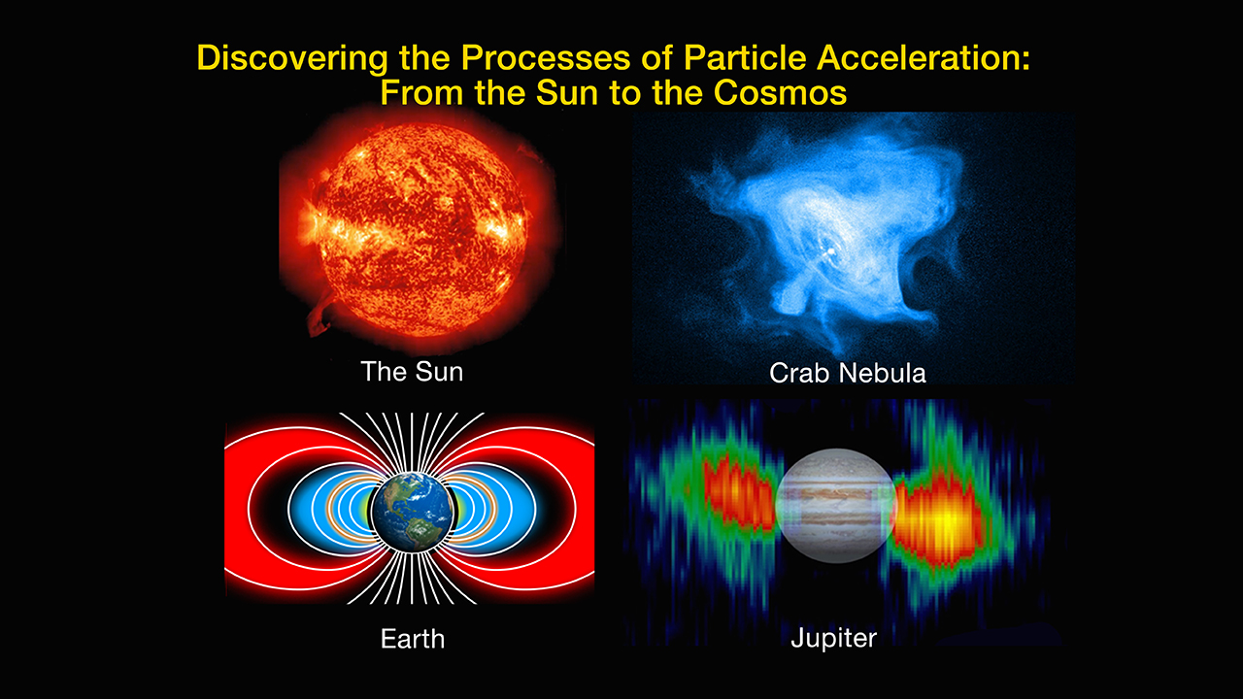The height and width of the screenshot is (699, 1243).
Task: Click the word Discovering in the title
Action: (292, 57)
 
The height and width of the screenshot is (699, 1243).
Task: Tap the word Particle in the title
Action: (745, 57)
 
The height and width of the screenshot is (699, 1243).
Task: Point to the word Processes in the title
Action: (546, 57)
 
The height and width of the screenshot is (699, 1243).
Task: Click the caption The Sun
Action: (412, 372)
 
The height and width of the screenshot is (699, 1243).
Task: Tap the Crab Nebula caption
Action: (848, 373)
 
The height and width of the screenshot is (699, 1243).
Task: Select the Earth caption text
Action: (413, 639)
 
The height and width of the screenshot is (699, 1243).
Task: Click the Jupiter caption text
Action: (833, 639)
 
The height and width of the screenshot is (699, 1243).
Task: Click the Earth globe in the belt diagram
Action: (413, 511)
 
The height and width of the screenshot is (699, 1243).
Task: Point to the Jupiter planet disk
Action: (836, 506)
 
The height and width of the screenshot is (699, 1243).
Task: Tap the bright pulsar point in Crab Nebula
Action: (831, 252)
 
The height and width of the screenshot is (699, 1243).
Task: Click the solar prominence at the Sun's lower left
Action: (320, 317)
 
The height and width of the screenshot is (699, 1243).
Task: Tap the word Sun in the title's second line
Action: (568, 92)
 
